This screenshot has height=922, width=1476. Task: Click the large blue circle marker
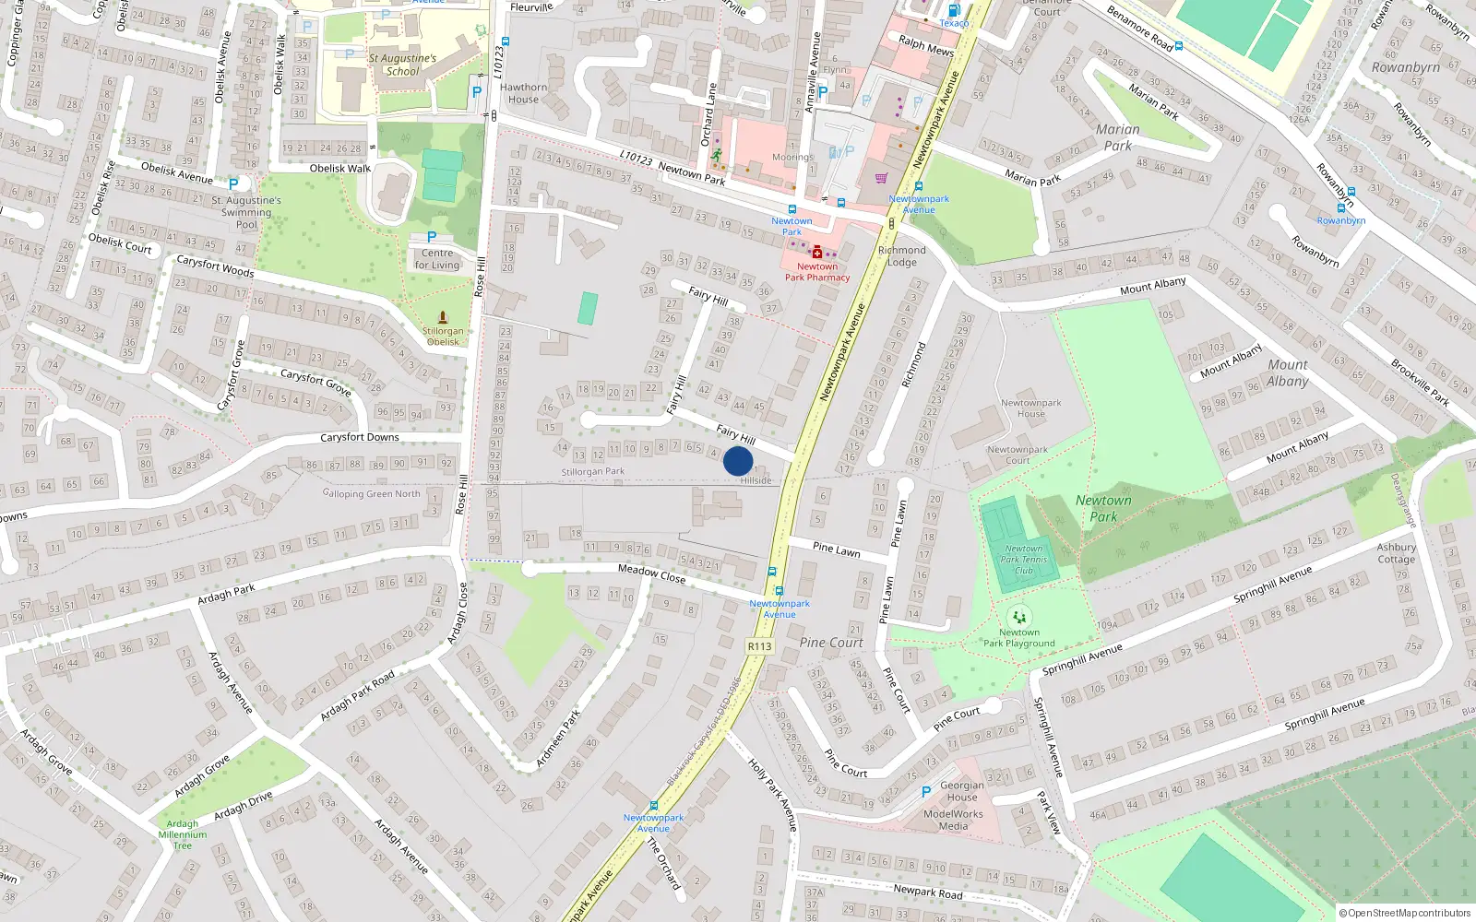(x=738, y=461)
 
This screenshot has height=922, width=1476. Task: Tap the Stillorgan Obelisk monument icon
(x=443, y=317)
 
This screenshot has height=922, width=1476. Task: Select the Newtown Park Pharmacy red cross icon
(x=816, y=251)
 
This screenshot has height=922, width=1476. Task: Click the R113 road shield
(x=759, y=646)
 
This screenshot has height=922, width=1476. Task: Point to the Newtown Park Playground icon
(x=1019, y=616)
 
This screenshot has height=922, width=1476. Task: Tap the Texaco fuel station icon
(x=954, y=10)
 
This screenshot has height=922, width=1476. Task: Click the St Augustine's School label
(x=402, y=65)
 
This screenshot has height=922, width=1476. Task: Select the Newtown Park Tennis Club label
(x=1024, y=560)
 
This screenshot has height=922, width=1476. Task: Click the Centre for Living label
(x=436, y=259)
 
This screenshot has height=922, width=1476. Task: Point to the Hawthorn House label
(x=523, y=93)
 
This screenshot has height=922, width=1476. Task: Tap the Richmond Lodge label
(x=901, y=255)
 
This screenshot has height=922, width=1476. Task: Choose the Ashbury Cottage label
(x=1396, y=553)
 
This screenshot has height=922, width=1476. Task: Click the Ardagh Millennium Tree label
(x=183, y=834)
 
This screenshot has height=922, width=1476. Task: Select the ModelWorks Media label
(x=953, y=820)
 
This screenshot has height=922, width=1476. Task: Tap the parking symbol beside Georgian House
(x=926, y=792)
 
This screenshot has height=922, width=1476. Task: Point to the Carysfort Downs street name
(x=360, y=437)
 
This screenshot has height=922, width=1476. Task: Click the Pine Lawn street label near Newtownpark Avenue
(x=837, y=550)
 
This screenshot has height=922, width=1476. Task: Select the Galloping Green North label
(x=371, y=494)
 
